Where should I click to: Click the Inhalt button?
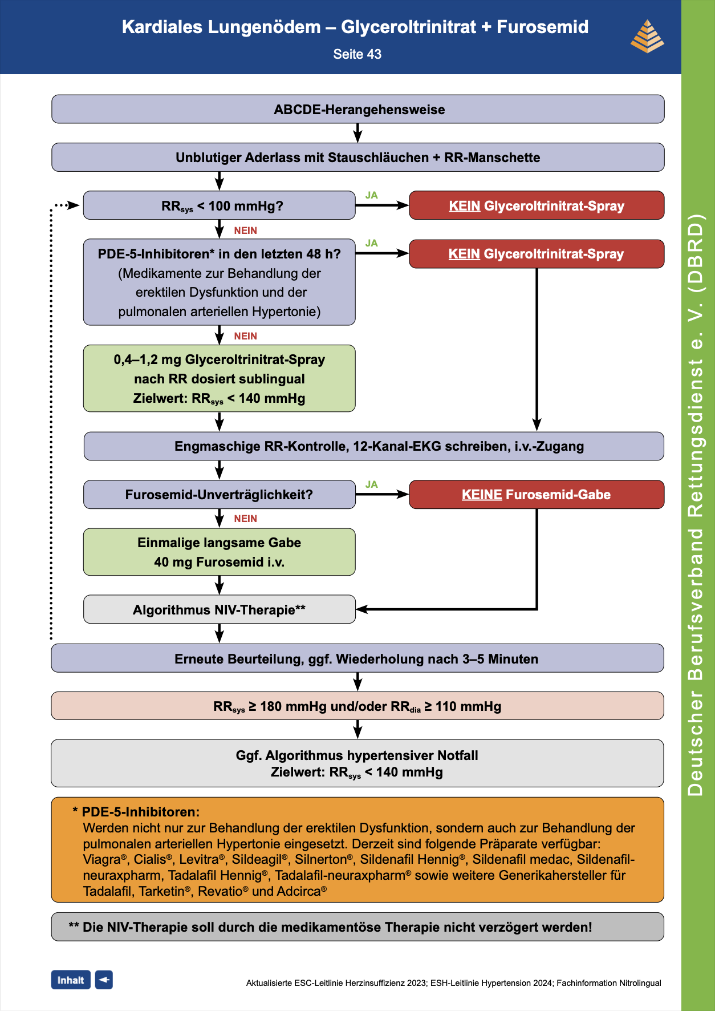point(71,980)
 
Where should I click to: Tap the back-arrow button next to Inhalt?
point(104,980)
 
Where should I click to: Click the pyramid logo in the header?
point(647,37)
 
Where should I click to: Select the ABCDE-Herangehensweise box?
point(357,109)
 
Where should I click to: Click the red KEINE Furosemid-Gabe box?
point(536,495)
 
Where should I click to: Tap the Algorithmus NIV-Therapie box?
point(219,609)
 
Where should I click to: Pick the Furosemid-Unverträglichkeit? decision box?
point(219,495)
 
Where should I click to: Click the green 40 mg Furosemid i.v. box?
point(219,552)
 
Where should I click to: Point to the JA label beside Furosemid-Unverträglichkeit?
point(372,484)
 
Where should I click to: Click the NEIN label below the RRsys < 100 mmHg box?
point(246,230)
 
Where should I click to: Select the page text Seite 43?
point(357,54)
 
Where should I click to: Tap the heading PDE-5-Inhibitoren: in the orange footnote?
point(140,812)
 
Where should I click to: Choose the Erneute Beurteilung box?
point(357,658)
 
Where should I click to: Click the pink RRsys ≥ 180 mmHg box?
point(357,706)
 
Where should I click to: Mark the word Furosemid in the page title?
point(542,27)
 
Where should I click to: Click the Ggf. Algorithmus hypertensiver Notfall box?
point(357,763)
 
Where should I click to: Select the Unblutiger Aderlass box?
point(357,157)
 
